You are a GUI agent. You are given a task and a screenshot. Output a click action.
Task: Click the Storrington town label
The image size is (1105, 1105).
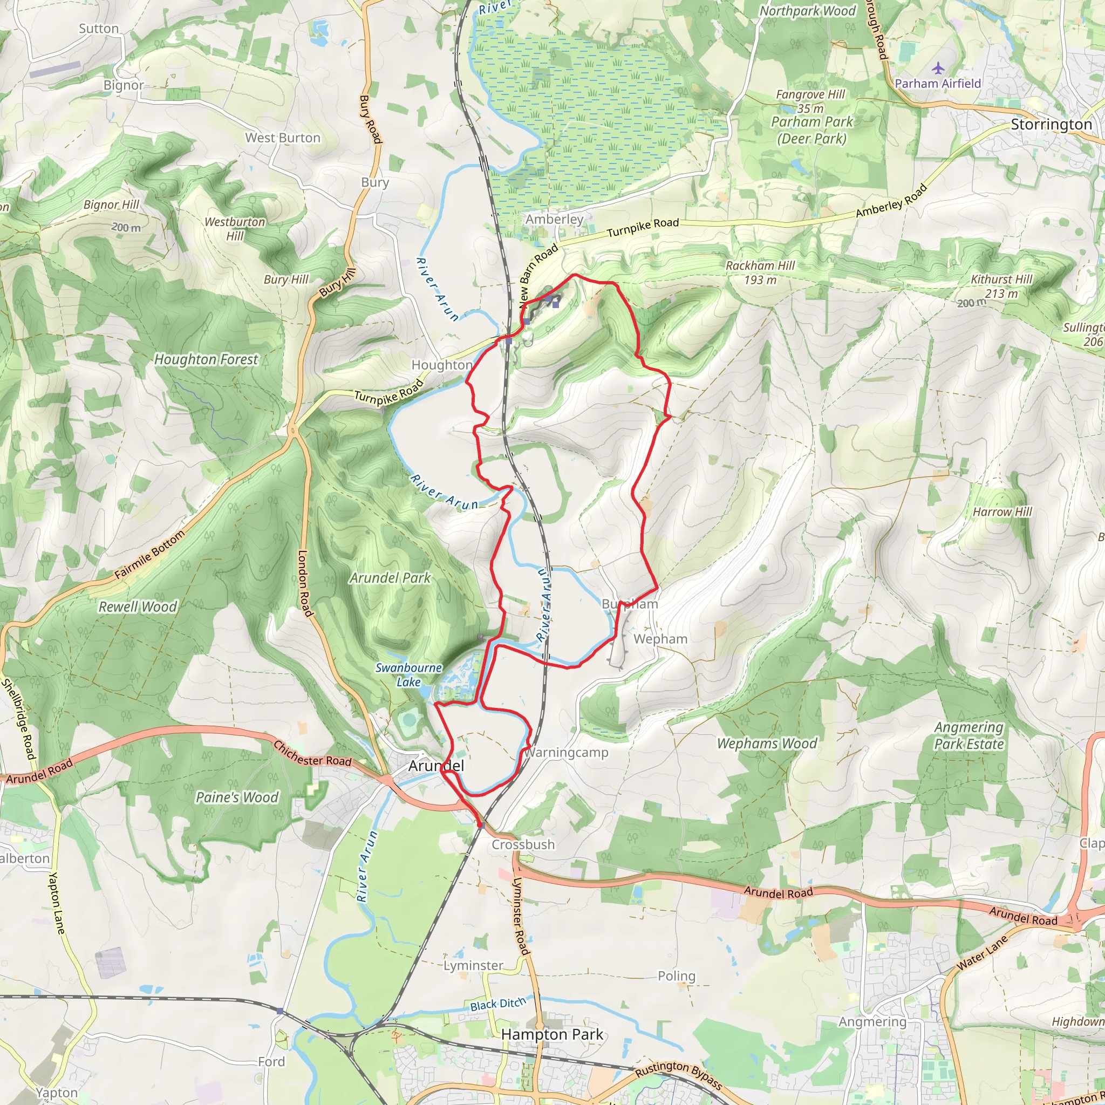(x=1051, y=125)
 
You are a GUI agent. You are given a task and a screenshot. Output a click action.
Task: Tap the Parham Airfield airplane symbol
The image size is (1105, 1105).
(x=938, y=69)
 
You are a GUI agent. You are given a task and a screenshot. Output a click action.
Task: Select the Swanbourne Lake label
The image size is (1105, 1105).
(x=408, y=675)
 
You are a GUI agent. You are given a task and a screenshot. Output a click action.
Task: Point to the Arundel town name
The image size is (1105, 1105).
(x=436, y=766)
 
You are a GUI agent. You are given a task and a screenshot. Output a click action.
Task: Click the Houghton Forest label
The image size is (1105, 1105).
(x=206, y=359)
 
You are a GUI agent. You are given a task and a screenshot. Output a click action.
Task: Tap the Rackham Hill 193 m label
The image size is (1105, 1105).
(x=760, y=272)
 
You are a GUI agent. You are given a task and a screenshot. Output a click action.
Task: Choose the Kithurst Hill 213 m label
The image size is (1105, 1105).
(x=1001, y=286)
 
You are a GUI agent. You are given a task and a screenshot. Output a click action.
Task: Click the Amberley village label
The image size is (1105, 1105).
(x=554, y=219)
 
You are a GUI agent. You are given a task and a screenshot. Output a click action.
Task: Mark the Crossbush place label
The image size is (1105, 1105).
(x=523, y=845)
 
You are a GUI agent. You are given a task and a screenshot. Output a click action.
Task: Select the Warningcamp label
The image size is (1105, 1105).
(x=565, y=752)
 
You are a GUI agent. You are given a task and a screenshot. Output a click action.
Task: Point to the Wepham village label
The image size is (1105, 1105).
(x=660, y=639)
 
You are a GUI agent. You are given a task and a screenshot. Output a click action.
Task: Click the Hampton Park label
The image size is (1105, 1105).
(x=552, y=1034)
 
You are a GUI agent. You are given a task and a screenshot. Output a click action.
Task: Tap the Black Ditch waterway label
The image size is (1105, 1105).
(x=497, y=1004)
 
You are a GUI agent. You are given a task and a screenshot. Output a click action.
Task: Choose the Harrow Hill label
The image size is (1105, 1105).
(x=1002, y=512)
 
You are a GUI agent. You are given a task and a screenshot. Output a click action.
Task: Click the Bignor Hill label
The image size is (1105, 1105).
(x=112, y=204)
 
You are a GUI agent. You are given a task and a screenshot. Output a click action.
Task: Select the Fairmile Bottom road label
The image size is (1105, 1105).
(x=150, y=555)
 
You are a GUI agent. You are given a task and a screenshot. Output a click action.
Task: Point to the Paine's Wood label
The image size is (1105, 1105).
(x=237, y=797)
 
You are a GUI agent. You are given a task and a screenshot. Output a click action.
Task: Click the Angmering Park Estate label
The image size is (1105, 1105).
(x=968, y=735)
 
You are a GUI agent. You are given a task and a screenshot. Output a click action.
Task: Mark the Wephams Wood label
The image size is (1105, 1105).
(x=767, y=744)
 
